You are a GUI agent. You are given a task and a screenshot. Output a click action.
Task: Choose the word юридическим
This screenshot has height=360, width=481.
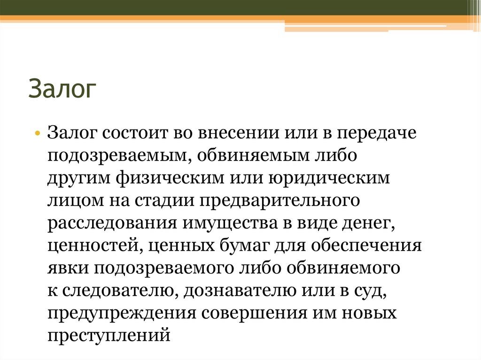click(x=329, y=179)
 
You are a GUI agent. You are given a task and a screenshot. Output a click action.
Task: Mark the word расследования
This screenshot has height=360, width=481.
click(x=109, y=224)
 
